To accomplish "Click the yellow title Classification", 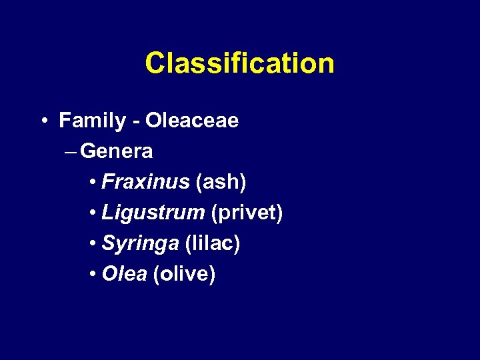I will pos(239,64).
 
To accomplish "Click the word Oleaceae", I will pos(192,121).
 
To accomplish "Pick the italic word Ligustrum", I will pos(153,213).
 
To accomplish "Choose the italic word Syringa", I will pos(140,245).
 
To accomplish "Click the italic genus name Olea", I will pos(124,275).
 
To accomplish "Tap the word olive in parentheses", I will pos(184,275).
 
